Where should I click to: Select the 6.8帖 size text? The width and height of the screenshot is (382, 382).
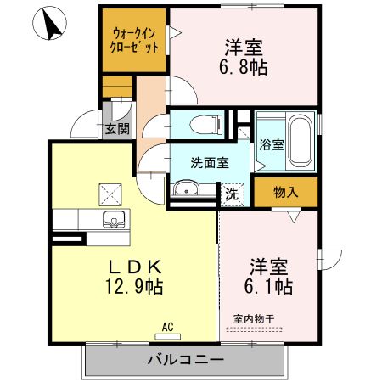pos(245,67)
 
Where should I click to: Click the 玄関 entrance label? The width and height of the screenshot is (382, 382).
pos(116,129)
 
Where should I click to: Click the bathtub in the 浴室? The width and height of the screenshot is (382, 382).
pos(300,136)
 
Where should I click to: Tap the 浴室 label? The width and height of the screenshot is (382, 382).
pos(271,144)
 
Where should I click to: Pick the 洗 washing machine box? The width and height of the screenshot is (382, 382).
pos(232,194)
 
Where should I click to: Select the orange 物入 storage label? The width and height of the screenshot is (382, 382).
pos(285,192)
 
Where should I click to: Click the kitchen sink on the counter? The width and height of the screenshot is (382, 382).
pos(113,220)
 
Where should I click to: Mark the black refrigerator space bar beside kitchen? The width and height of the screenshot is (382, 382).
pos(68,239)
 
